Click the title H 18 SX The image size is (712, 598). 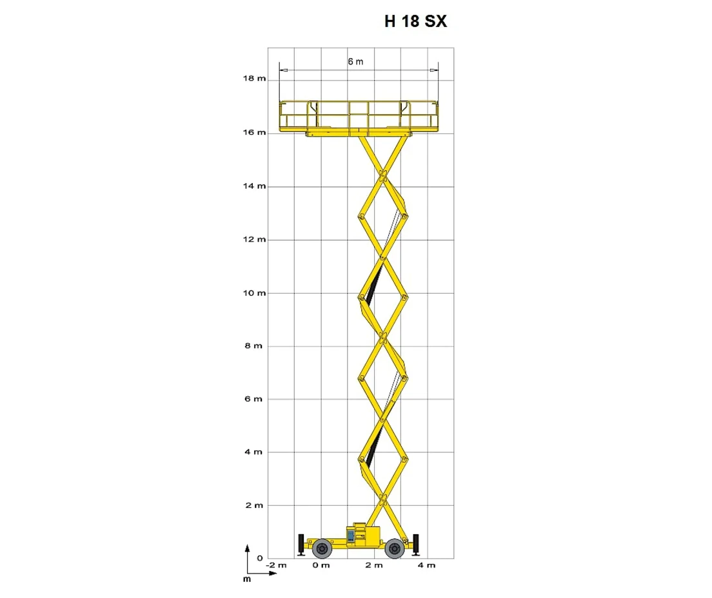tap(415, 21)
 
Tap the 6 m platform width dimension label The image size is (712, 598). tap(355, 62)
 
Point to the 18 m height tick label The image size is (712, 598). tap(254, 79)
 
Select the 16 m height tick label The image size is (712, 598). tap(254, 133)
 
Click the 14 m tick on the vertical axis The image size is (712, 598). tap(254, 186)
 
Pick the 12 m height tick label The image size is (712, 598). tap(254, 240)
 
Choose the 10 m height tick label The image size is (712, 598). tap(254, 293)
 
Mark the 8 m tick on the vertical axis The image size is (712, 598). tap(254, 346)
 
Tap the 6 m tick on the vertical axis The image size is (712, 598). tap(254, 399)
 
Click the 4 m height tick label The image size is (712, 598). tap(254, 452)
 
